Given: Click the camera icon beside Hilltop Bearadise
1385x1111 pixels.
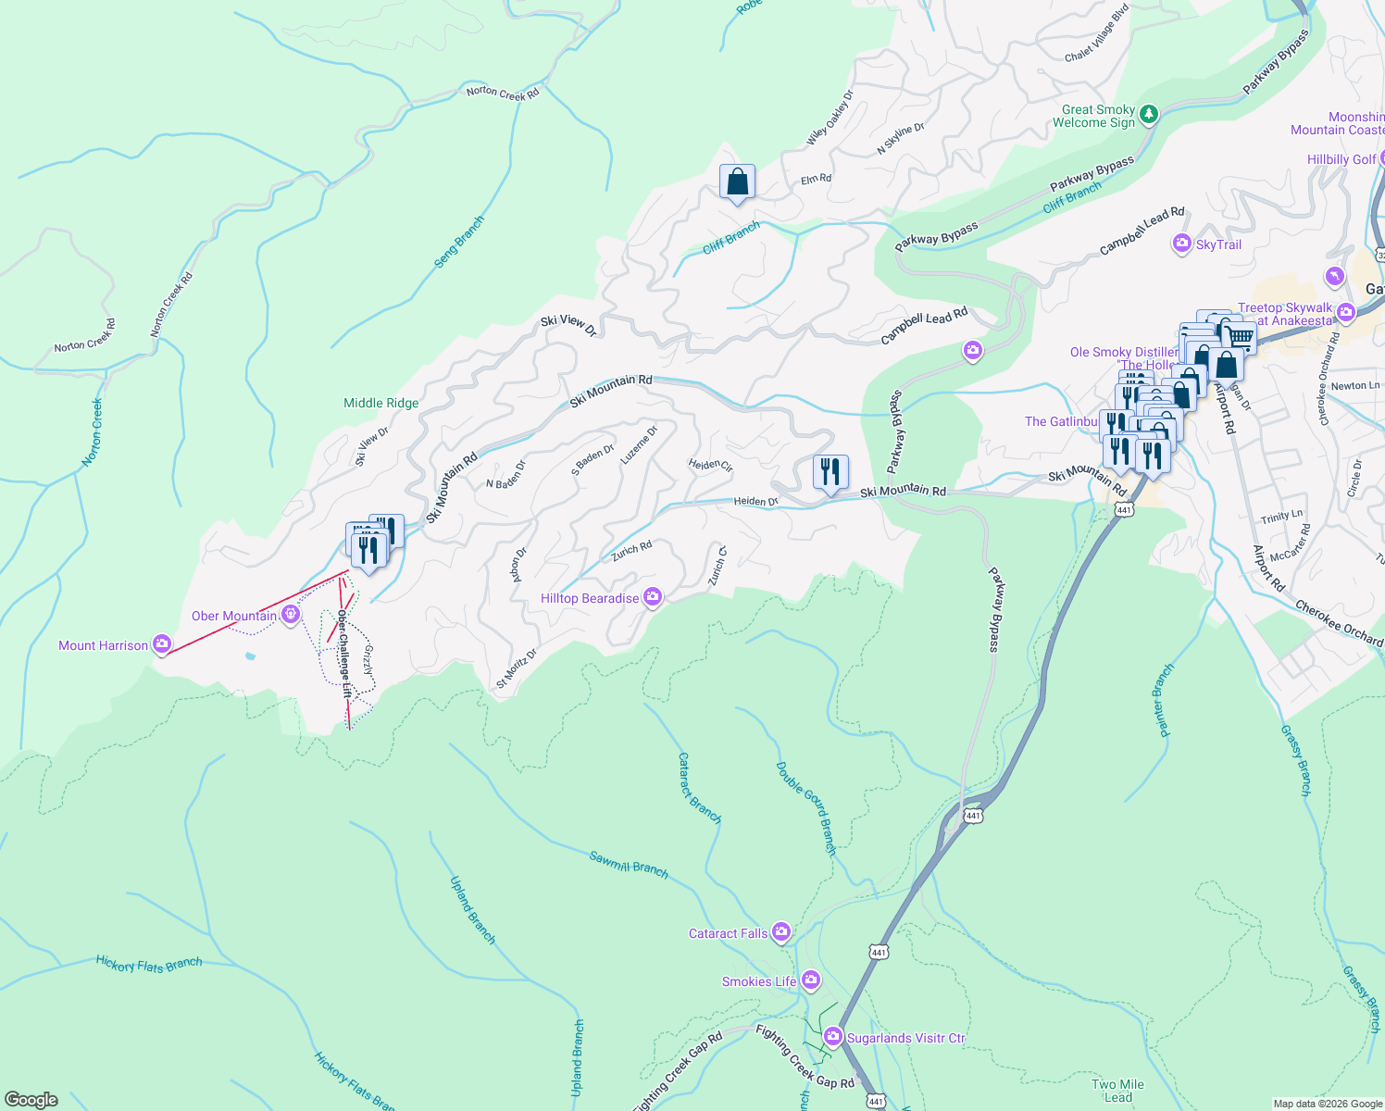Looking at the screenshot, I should coord(653,598).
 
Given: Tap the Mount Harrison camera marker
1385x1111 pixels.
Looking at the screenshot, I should coord(162,644).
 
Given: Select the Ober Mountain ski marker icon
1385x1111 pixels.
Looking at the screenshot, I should coord(292,614).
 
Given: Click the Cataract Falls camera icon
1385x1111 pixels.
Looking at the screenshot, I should coord(781,932).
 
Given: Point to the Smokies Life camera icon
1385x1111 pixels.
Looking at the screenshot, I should coord(811,980).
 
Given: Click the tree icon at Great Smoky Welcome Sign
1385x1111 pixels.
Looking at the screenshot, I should coord(1149,114).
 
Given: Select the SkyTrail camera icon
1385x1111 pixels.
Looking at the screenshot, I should coord(1181,244).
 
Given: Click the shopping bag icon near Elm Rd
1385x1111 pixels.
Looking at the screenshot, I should coord(737,181).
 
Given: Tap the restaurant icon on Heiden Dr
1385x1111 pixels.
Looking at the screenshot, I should coord(830,472).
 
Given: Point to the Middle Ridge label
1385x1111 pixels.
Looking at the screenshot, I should coord(381,403).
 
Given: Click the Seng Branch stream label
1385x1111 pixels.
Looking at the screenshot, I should coord(459,243).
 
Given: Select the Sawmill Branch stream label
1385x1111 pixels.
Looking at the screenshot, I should coord(629,863).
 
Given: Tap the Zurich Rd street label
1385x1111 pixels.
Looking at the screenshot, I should coord(631,552).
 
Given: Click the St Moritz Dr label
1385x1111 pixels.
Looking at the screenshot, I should coord(517,668).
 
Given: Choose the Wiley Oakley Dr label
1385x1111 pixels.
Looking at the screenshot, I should coord(830,119).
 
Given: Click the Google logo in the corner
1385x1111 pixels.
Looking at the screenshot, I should coord(31,1099).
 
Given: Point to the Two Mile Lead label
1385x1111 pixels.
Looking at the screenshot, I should coord(1117,1091).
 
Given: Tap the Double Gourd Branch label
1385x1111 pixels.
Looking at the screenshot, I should coord(805,807).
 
